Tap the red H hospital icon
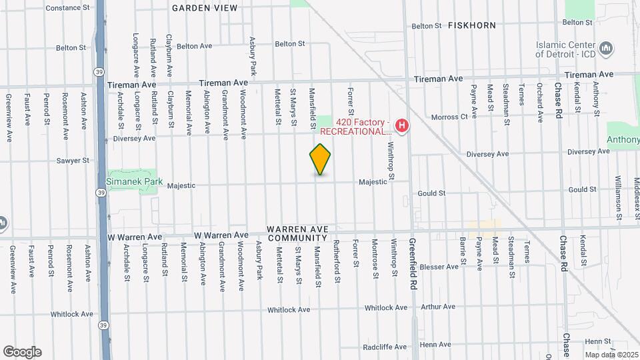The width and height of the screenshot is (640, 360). click(401, 125)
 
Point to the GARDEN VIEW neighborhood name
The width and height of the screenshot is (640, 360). click(205, 8)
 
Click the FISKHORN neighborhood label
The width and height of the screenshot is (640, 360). click(472, 25)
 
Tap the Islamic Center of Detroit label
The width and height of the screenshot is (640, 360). click(565, 50)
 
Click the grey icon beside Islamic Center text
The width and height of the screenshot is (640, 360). click(606, 49)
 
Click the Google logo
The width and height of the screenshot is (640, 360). click(22, 352)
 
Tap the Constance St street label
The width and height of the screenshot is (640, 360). click(67, 8)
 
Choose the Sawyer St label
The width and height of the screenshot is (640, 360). click(72, 161)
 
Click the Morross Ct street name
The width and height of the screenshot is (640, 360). click(449, 117)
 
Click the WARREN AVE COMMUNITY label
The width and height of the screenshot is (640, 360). click(297, 233)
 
